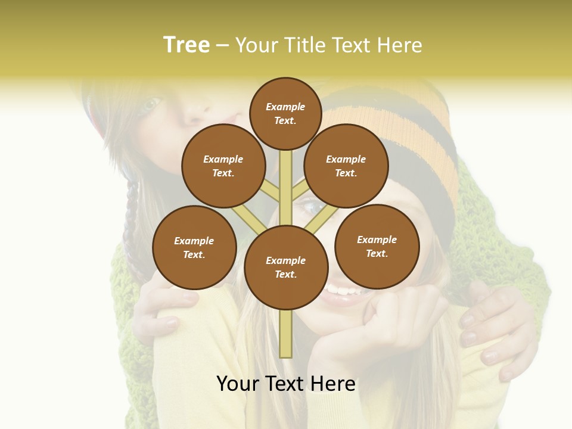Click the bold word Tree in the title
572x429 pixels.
186,45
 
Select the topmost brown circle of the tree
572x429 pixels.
285,113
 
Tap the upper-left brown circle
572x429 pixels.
223,166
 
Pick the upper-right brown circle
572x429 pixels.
346,166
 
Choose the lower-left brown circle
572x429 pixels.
194,248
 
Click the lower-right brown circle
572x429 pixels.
377,247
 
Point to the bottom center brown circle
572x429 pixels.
285,268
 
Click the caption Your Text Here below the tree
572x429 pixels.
285,383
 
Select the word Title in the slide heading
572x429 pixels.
306,45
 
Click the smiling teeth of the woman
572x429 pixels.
341,291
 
